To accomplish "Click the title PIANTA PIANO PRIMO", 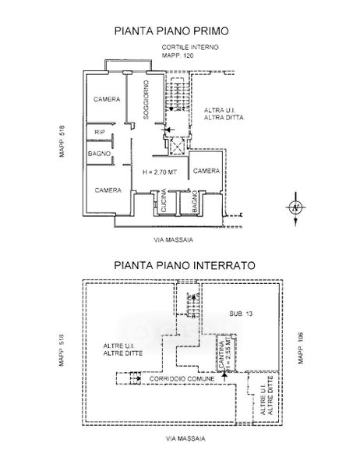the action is click(x=171, y=31).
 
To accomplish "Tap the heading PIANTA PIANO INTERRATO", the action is click(x=185, y=265).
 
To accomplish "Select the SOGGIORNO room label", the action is click(x=146, y=100).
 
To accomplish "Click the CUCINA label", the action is click(x=164, y=200).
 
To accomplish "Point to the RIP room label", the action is click(x=100, y=133).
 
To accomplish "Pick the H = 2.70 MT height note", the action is click(x=160, y=172).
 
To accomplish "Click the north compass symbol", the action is click(x=295, y=208).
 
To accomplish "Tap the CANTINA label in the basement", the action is click(x=221, y=355).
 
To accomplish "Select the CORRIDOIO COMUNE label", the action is click(x=182, y=379).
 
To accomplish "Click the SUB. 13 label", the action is click(x=241, y=314).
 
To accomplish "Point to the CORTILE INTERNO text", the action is click(x=190, y=47).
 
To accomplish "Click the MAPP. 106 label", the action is click(x=301, y=348).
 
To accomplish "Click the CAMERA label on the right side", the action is click(x=206, y=171).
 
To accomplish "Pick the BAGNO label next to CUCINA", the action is click(x=195, y=202).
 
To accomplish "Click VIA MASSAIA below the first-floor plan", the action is click(x=173, y=239).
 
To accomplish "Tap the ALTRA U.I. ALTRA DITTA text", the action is click(x=224, y=114).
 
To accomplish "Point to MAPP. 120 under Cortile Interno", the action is click(x=178, y=55).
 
